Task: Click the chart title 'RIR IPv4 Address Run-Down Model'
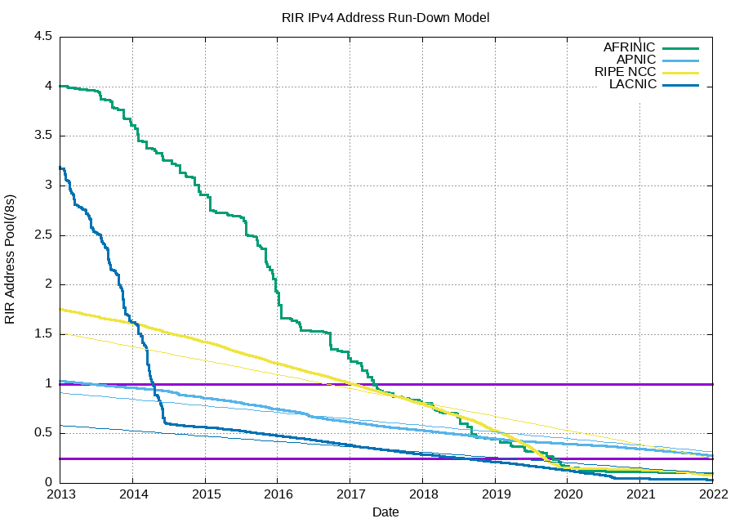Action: (385, 17)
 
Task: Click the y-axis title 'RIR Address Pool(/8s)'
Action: (11, 259)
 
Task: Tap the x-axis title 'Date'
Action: (385, 512)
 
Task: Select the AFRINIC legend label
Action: (629, 47)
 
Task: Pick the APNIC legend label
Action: (636, 60)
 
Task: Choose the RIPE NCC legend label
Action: (625, 72)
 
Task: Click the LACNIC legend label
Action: (632, 85)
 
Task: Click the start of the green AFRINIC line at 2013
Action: (60, 86)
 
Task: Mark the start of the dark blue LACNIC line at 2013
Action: (60, 168)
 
